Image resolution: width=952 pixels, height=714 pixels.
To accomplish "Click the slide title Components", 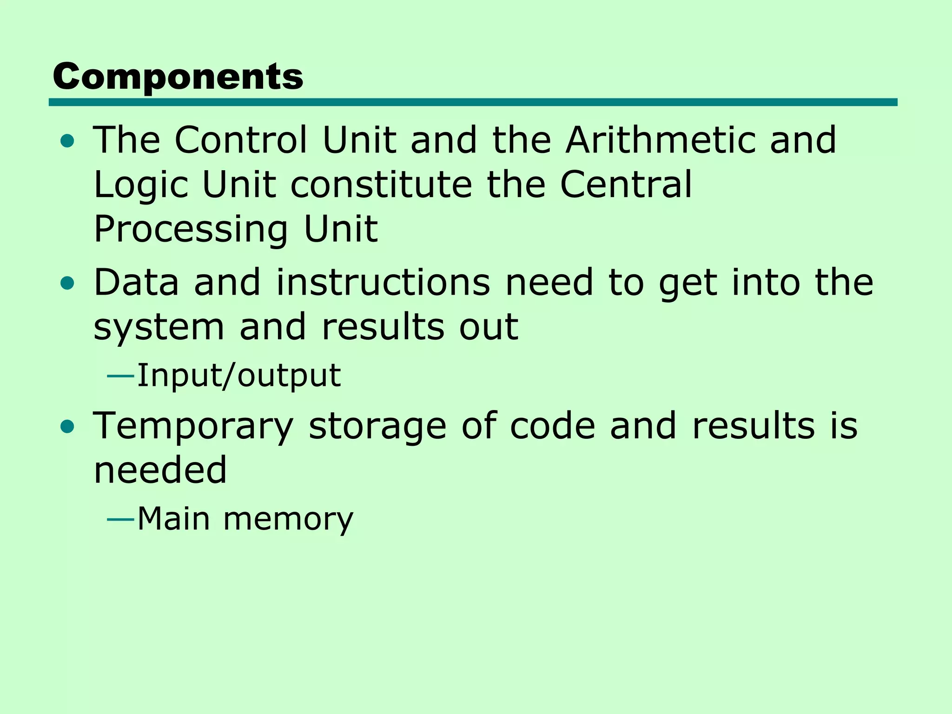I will (178, 77).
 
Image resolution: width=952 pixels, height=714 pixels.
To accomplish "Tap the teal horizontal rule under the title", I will (473, 102).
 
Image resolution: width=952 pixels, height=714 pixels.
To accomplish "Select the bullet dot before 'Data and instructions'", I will (67, 283).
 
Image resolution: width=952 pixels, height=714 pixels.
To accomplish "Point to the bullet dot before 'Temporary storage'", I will (67, 426).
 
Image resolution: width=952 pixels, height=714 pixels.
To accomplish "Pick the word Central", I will (626, 184).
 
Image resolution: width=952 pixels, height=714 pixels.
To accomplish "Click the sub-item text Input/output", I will (239, 376).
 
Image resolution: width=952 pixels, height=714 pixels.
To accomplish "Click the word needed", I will (160, 470).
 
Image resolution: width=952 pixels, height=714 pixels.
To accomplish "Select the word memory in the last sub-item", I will (288, 519).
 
